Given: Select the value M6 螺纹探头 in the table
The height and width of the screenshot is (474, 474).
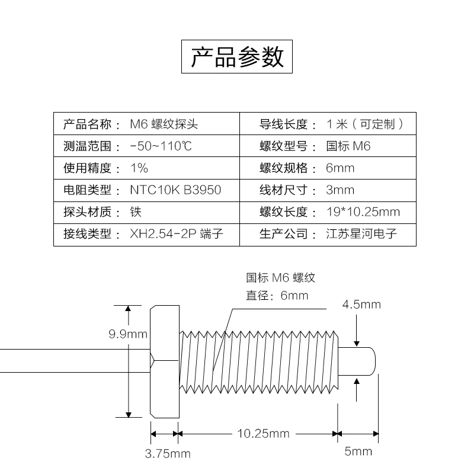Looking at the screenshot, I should pos(164,124).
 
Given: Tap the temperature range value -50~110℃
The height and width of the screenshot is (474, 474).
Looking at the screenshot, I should pos(161,146).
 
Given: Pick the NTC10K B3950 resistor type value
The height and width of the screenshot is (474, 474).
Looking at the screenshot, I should pos(175,190).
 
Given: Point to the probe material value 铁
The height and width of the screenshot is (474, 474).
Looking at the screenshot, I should pos(136,212).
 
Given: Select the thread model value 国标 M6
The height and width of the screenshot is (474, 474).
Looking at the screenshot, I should pos(348,146).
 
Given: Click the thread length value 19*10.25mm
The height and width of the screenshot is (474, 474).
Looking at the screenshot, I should pos(363,212).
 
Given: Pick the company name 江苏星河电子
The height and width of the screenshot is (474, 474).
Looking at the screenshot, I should pos(361,234).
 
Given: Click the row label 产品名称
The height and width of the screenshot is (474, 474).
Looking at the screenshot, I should pos(87,124).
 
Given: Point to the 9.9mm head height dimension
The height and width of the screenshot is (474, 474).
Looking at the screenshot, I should pos(127,334).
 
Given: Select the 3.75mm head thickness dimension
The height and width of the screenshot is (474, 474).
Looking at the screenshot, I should pos(168,454).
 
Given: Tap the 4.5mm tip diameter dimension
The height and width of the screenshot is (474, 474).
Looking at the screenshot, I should pos(361,305).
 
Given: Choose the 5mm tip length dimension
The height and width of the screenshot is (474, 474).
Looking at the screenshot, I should pos(358,451).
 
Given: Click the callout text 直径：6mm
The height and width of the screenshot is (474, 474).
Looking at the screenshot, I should pos(277,296).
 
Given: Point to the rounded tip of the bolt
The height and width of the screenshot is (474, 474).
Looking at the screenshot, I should pos(369,361).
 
